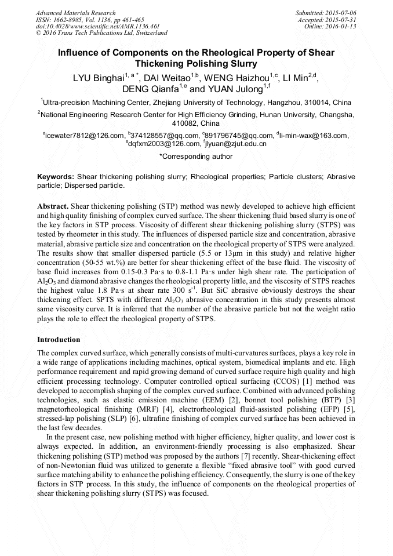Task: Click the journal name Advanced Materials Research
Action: pos(75,13)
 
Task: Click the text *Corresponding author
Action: pos(196,156)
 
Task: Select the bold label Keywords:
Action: pos(56,176)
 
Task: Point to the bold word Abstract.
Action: pos(53,206)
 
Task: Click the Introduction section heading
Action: pos(59,339)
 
